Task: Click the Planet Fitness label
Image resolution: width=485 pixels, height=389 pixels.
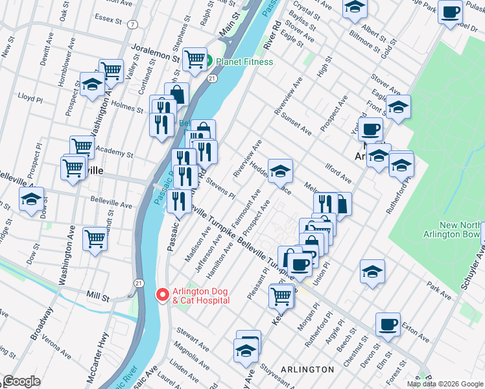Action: [244, 62]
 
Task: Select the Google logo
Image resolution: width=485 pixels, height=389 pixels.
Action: [21, 381]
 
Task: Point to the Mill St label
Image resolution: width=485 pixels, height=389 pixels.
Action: [97, 296]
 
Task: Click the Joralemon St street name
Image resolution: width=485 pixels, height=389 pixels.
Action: [154, 52]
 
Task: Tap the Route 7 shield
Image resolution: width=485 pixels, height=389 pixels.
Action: [132, 25]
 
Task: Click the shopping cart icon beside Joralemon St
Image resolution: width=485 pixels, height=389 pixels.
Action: [195, 59]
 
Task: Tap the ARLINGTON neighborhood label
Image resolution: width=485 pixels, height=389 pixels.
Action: [307, 369]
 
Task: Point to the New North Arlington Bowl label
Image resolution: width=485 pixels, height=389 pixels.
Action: [461, 229]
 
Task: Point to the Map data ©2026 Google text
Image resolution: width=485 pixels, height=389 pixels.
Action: [445, 384]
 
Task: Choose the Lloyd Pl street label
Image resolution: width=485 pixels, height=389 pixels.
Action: [30, 99]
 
